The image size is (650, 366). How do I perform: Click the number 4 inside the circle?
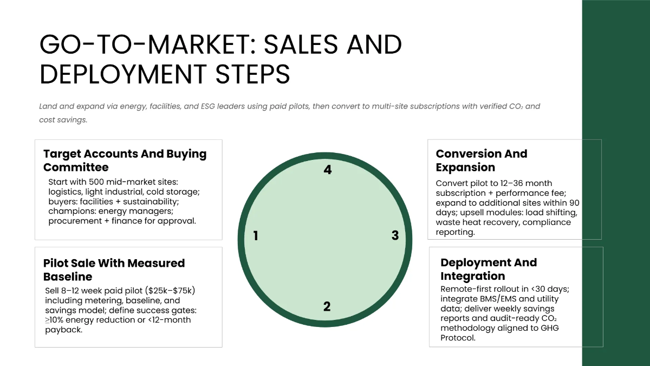click(328, 170)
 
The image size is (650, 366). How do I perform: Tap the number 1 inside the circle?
click(256, 235)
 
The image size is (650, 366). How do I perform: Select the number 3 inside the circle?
click(395, 235)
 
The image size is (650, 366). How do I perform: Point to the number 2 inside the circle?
click(327, 306)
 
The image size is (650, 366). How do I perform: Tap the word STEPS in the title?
click(253, 74)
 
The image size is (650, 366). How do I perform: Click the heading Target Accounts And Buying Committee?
click(125, 160)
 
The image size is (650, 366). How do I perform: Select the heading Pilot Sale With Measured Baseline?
click(114, 269)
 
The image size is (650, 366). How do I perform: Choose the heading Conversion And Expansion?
click(482, 160)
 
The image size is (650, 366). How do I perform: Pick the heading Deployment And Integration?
click(489, 269)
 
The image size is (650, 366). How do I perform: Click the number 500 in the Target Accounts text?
click(96, 182)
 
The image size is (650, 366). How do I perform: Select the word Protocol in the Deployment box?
click(458, 338)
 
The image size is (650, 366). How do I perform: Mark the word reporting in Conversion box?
click(456, 233)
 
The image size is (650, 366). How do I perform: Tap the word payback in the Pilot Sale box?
click(64, 330)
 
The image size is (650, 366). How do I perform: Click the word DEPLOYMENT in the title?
click(123, 74)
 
